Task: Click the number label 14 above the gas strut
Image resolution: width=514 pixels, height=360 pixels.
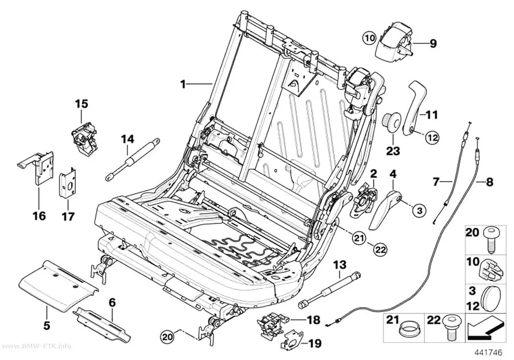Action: click(127, 139)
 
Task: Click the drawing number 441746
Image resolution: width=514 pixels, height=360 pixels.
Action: click(489, 353)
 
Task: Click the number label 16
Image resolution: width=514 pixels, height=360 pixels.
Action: click(39, 216)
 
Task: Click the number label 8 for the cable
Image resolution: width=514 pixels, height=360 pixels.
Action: click(490, 182)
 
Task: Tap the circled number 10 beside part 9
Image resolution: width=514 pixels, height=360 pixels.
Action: click(370, 38)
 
